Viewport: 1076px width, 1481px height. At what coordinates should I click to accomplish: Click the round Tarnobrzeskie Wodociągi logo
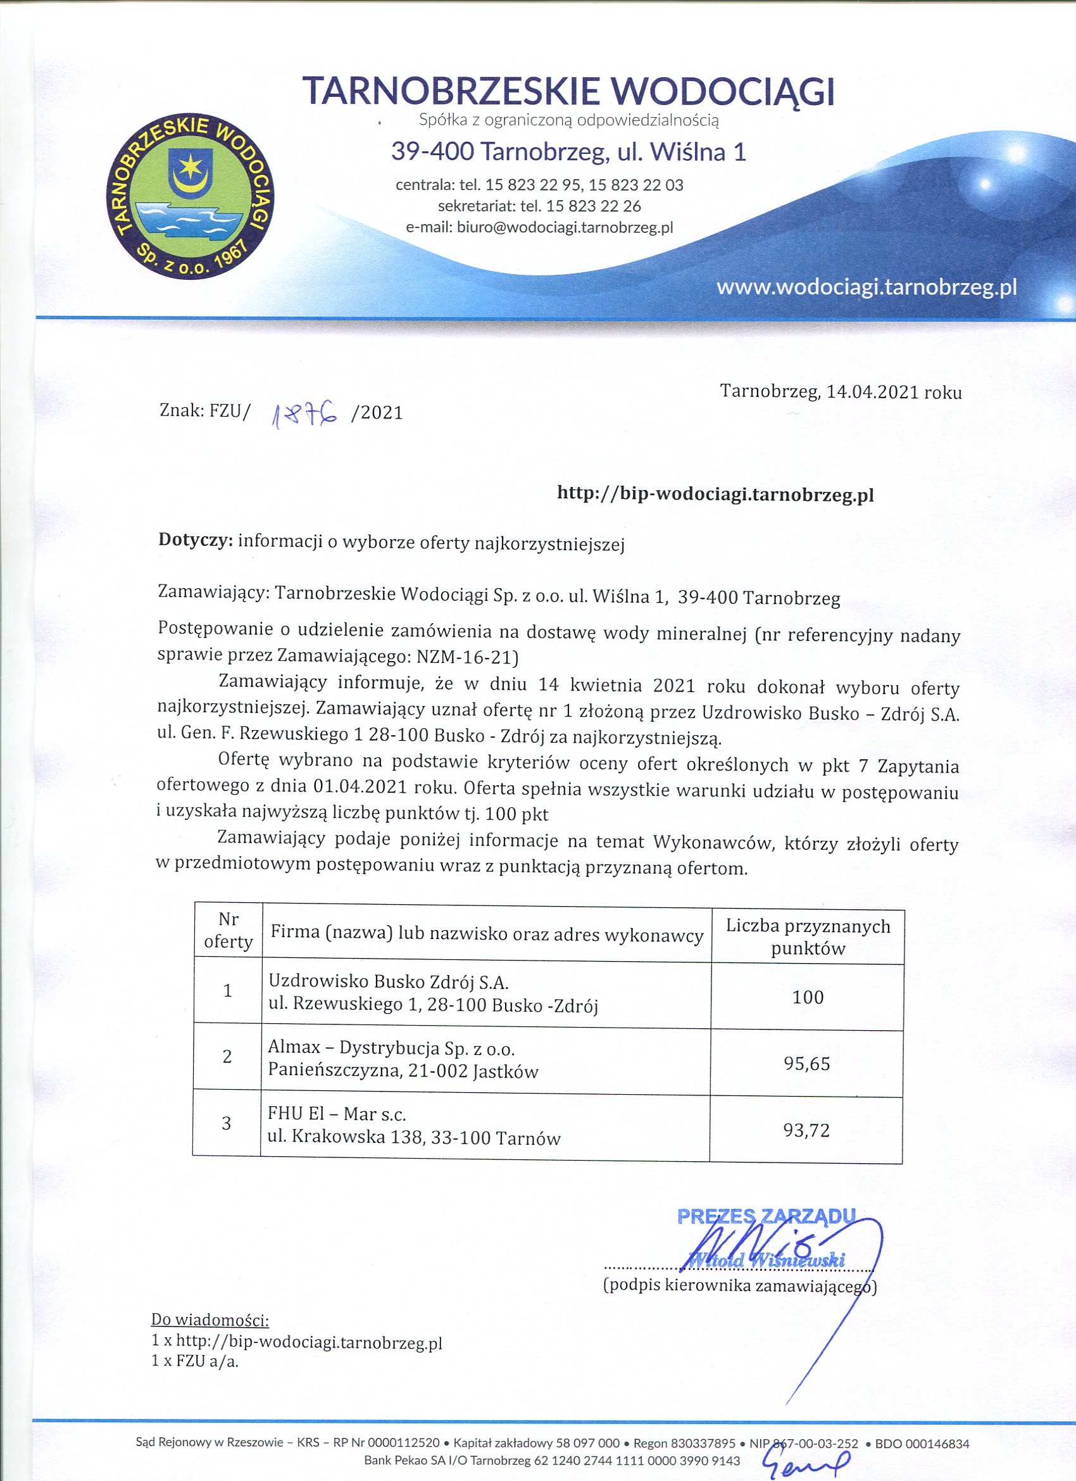point(190,196)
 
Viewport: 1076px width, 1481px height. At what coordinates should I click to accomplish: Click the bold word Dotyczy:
point(196,541)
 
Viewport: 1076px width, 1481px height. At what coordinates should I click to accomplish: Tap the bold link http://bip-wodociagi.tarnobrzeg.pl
point(715,495)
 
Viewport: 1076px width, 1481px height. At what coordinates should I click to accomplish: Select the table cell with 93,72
point(806,1131)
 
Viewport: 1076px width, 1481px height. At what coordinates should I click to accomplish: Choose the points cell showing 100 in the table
point(808,997)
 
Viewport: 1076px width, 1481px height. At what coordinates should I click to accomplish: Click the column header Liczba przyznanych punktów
point(808,937)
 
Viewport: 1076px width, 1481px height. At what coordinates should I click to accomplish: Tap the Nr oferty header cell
point(228,931)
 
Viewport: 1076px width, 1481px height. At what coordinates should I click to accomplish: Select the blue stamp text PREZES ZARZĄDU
point(765,1216)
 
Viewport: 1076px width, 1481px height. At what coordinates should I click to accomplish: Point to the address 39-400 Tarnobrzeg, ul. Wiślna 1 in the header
point(568,151)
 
